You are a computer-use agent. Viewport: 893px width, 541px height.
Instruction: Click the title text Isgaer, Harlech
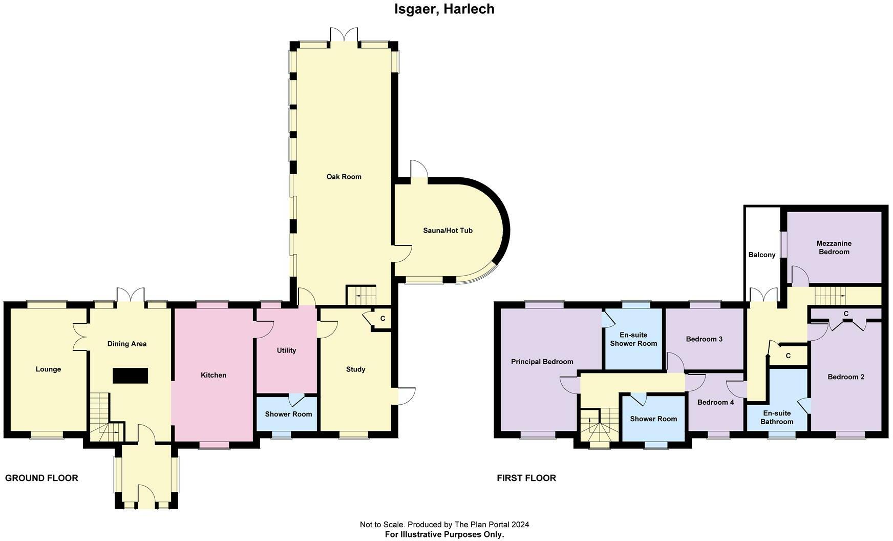[444, 9]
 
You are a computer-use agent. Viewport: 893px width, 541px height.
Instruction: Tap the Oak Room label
[344, 177]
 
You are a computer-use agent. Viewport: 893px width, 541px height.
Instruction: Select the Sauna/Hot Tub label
[448, 231]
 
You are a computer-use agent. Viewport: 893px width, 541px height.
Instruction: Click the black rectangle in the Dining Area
[131, 376]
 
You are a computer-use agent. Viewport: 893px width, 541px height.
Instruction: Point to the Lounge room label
[48, 369]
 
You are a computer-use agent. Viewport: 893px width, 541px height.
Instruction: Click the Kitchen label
[214, 375]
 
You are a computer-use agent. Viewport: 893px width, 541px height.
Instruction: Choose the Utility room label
[286, 350]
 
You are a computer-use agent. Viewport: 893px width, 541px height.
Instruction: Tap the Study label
[355, 369]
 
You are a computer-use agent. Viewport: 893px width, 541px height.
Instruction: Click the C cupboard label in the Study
[382, 319]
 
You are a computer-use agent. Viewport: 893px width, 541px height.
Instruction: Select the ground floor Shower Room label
[288, 414]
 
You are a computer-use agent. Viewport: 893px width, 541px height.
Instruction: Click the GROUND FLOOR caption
[41, 478]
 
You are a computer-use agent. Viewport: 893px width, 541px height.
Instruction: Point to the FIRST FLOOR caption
[526, 478]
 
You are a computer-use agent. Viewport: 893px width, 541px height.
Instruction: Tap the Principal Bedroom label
[542, 362]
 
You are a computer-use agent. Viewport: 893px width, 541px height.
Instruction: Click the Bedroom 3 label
[704, 339]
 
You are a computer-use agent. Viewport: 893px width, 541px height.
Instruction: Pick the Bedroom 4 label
[715, 402]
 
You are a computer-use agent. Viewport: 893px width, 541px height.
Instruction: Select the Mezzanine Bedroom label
[834, 247]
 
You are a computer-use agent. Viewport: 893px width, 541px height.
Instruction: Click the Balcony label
[762, 255]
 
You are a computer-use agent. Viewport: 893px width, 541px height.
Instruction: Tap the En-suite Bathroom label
[777, 418]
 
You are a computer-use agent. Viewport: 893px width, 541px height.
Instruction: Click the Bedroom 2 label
[846, 377]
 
